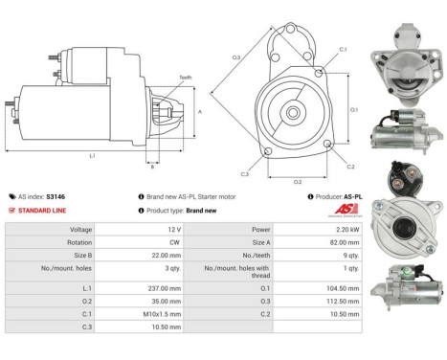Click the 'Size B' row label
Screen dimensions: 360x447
click(79, 256)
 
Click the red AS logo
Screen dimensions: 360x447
click(346, 211)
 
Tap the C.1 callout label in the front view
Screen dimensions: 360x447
click(342, 48)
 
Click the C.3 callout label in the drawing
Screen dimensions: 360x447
click(245, 173)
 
